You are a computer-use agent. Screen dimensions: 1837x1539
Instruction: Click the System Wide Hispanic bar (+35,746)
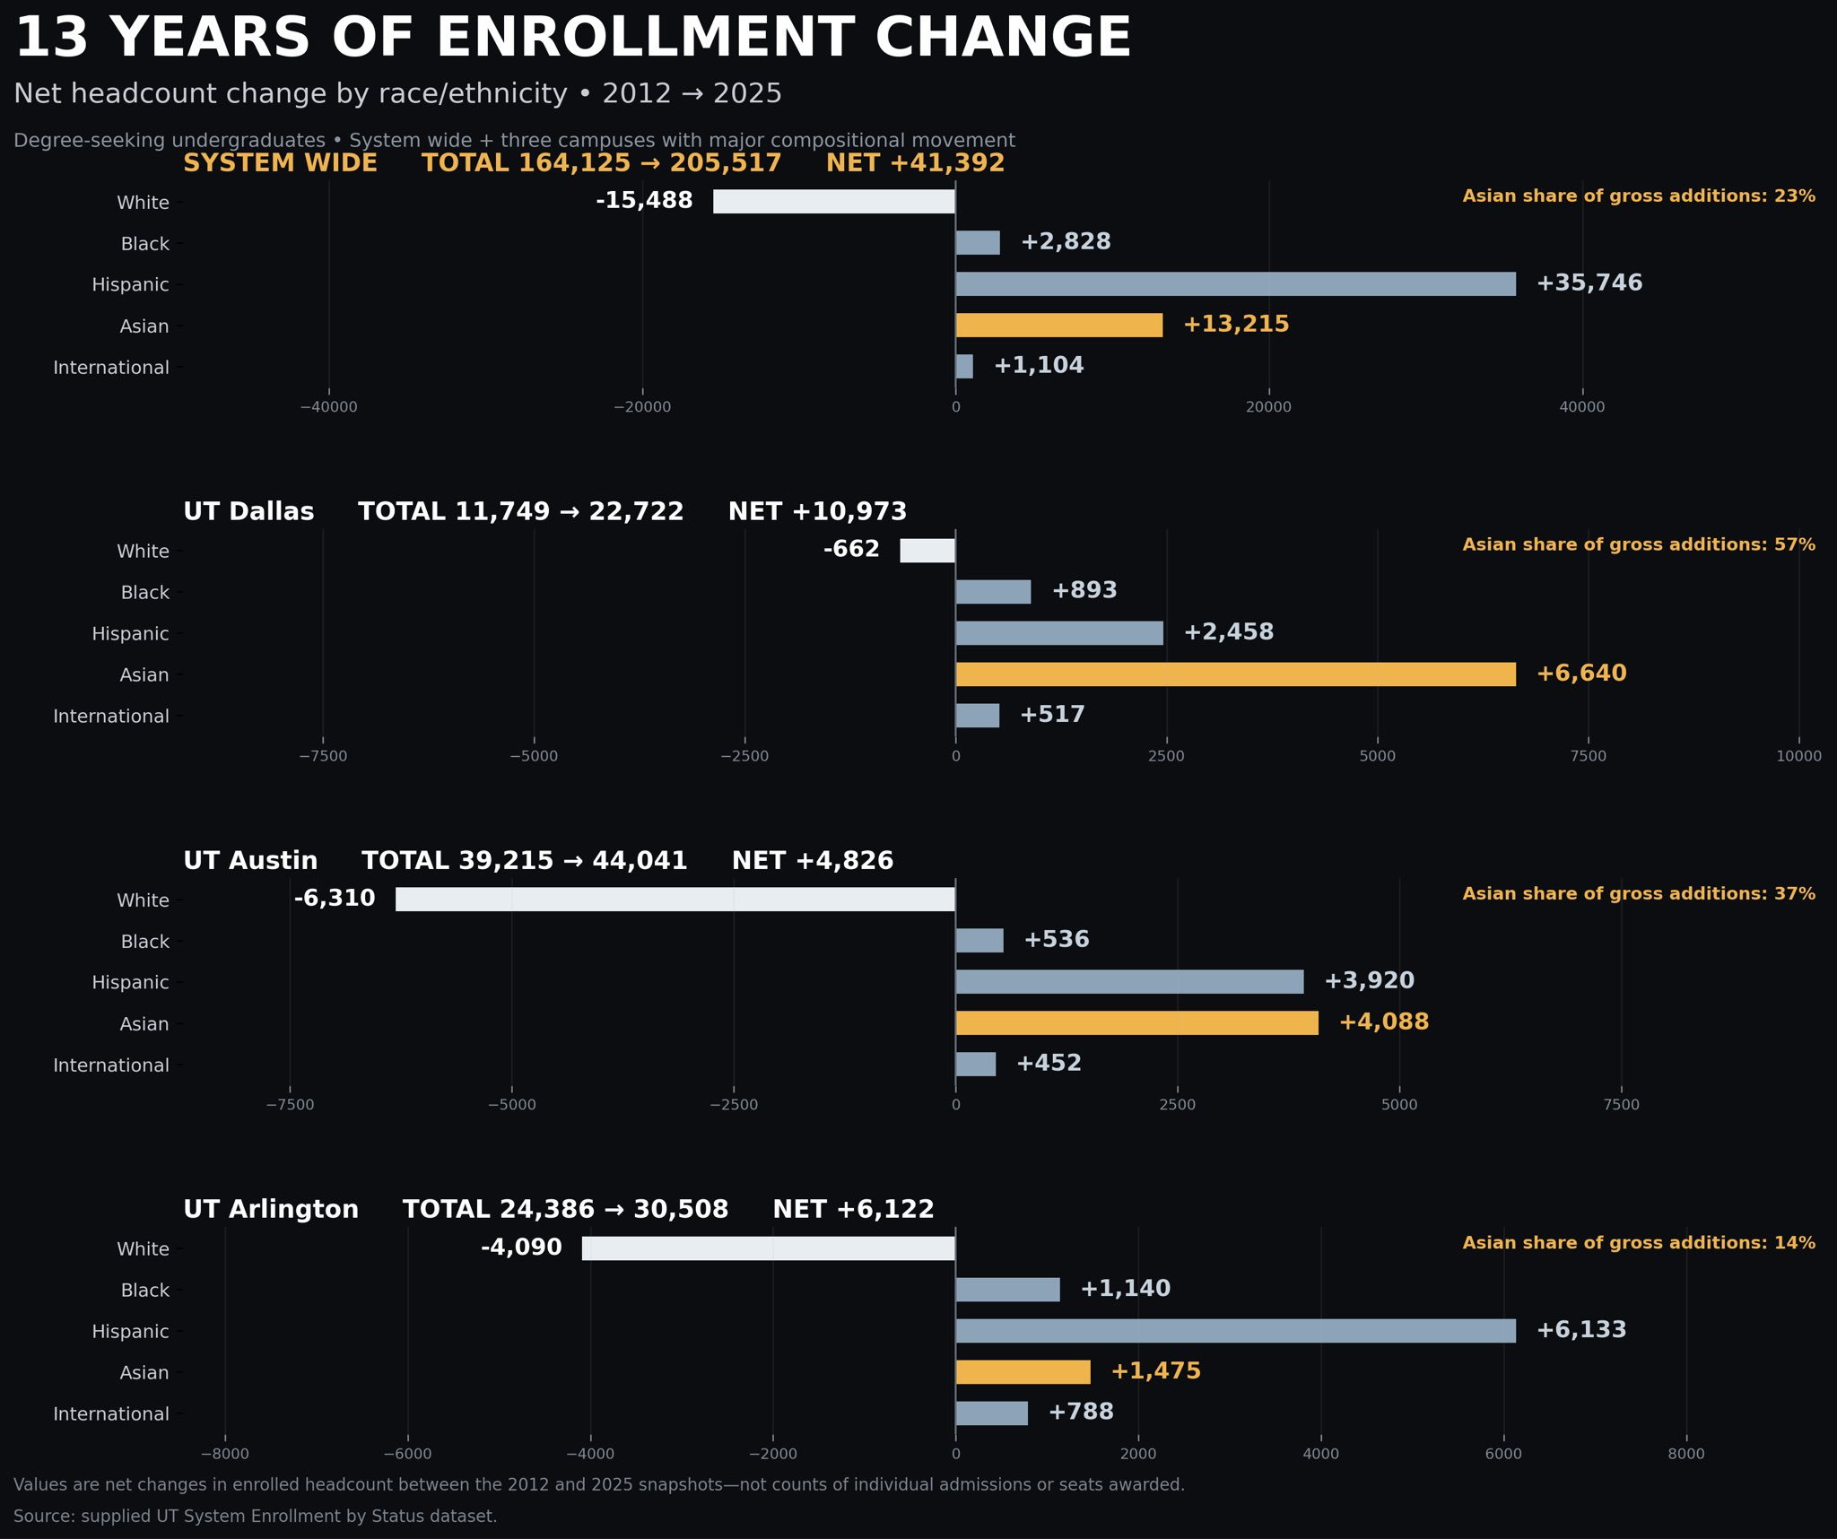point(1235,284)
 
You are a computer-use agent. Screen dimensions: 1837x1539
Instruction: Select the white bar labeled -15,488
point(834,202)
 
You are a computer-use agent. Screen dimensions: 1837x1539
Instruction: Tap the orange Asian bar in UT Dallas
point(1235,674)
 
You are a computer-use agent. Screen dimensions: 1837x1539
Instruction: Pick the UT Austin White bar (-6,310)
point(675,900)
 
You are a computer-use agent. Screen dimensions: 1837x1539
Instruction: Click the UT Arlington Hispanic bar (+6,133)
point(1235,1331)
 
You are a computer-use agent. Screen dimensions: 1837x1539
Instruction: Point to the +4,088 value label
point(1384,1022)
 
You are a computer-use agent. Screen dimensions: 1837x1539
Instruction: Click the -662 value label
point(851,549)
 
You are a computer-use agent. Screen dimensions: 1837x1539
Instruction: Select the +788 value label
point(1081,1412)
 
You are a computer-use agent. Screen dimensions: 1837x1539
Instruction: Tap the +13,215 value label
point(1236,324)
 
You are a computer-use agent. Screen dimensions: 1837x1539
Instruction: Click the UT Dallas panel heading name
point(248,511)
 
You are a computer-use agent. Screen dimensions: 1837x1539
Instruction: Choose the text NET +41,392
point(915,163)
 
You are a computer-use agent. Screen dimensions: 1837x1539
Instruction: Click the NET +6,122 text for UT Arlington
point(853,1209)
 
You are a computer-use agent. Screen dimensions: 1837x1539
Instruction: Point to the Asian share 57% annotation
point(1639,545)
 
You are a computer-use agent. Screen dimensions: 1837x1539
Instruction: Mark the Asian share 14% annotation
point(1639,1243)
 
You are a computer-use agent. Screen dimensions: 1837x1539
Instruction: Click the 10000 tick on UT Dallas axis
point(1798,756)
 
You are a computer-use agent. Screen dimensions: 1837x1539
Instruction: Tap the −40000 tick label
point(328,407)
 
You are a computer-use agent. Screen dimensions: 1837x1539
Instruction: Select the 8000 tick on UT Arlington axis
point(1686,1454)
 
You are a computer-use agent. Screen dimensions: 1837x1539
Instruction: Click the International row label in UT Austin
point(111,1065)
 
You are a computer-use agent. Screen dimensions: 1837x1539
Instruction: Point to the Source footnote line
point(255,1516)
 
